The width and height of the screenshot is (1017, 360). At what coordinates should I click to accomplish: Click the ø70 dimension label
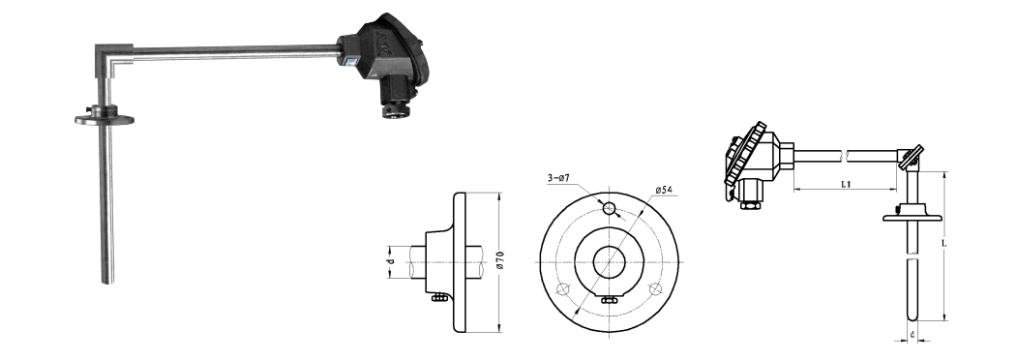coord(501,262)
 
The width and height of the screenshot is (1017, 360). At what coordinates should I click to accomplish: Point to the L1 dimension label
coord(846,184)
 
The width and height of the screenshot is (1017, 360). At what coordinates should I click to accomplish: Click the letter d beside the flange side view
coord(391,262)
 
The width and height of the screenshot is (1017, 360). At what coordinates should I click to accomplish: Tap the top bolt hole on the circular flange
coord(610,209)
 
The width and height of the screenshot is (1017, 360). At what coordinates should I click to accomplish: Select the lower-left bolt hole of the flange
coord(564,288)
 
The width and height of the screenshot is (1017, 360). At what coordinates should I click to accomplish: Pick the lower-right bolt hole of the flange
coord(655,288)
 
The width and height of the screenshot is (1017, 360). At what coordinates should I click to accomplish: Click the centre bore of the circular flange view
coord(610,262)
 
